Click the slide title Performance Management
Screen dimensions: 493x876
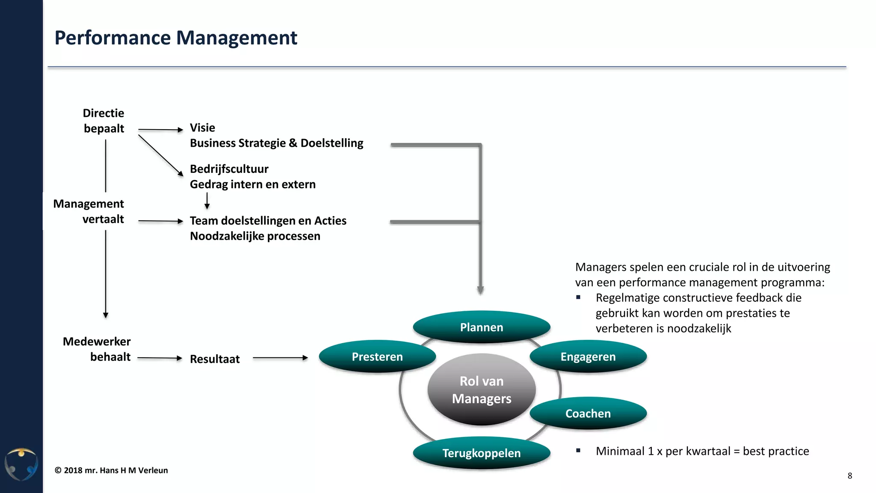pos(175,38)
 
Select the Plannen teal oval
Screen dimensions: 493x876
pos(481,327)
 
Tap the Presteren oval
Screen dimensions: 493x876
pos(377,356)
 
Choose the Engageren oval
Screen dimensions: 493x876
pos(588,356)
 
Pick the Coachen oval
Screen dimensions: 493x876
pos(588,413)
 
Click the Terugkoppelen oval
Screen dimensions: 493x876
pos(481,453)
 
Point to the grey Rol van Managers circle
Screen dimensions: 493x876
pos(481,389)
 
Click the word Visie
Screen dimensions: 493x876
pos(202,128)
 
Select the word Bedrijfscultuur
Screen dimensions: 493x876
pos(229,169)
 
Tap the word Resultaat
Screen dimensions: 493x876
pos(214,359)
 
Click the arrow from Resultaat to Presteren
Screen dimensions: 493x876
pos(280,358)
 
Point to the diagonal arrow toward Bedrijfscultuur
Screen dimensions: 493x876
pos(160,155)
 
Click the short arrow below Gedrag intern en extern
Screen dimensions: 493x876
pos(207,201)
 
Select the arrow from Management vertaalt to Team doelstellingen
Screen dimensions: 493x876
pos(160,221)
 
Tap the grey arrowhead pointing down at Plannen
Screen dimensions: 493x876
pos(480,290)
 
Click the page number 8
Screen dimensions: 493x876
pos(849,475)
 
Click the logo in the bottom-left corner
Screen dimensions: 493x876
pos(21,464)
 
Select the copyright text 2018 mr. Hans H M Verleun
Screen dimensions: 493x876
pos(111,470)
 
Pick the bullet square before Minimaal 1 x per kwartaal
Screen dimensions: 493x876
pos(578,450)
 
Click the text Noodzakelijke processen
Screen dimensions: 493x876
pos(255,236)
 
